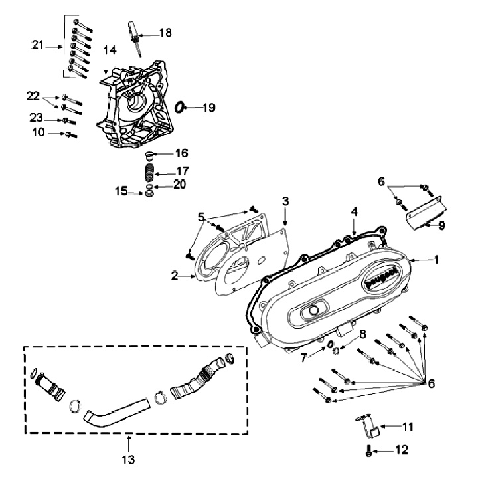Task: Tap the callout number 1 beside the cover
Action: click(436, 259)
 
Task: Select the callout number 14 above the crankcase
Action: click(110, 50)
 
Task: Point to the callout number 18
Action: click(165, 32)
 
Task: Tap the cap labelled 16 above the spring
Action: click(150, 155)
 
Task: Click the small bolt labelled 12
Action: click(369, 451)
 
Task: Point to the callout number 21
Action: click(37, 45)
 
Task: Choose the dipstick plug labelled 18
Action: click(133, 33)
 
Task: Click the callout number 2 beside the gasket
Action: click(173, 275)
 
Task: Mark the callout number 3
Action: click(285, 200)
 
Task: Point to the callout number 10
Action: click(37, 133)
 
